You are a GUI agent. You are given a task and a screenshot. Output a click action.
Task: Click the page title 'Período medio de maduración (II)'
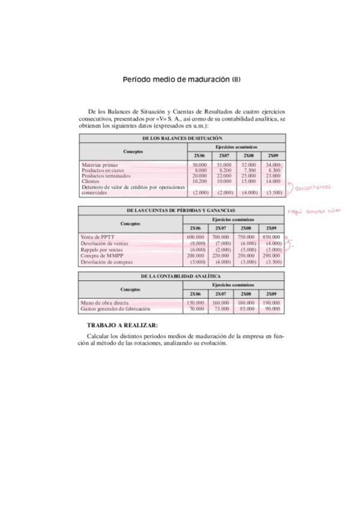coord(182,79)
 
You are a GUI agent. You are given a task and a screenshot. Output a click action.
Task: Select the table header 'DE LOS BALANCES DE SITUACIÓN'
coord(182,138)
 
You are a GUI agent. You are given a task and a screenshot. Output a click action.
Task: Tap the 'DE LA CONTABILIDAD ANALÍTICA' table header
coord(182,276)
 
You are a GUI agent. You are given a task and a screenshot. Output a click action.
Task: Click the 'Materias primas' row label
coord(100,165)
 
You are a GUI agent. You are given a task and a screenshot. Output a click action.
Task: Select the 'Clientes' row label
coord(90,181)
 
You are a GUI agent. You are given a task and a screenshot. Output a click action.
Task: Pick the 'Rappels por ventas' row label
coord(102,250)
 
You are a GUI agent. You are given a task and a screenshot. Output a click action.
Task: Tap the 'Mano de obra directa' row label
coord(105,303)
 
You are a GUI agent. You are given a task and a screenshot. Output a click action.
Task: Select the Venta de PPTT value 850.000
coord(272,238)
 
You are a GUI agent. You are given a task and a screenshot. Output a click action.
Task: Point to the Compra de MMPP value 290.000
coord(272,256)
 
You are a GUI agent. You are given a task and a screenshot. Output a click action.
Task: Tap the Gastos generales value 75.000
coord(222,309)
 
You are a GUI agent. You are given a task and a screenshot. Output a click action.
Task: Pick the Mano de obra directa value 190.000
coord(272,303)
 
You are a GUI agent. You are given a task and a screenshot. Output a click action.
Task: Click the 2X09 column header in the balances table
coord(272,155)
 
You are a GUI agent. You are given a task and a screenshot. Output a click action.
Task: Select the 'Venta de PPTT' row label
coord(97,238)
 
